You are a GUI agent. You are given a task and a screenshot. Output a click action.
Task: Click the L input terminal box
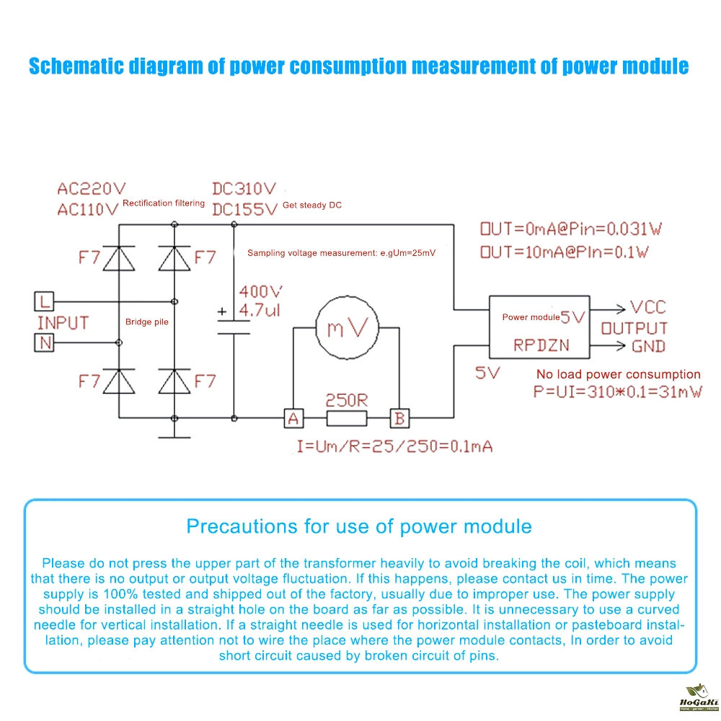44,299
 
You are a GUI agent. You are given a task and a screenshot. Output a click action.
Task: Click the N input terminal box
44,343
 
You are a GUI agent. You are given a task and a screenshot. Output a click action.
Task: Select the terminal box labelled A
293,417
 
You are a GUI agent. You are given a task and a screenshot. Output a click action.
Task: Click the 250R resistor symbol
347,417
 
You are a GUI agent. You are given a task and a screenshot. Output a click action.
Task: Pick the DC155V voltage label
244,209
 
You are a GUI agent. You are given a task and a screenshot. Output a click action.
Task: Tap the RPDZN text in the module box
541,345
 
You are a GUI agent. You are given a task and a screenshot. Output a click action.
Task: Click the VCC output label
647,307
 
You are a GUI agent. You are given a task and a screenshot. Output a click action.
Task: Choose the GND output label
649,346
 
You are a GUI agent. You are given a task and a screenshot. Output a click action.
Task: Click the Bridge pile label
147,322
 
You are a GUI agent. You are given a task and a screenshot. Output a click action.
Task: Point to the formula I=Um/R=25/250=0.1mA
394,446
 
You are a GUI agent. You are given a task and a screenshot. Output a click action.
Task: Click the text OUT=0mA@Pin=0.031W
571,229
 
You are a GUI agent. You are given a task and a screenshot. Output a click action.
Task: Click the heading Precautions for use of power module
359,526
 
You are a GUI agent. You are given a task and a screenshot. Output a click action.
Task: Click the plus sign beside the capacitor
222,312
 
